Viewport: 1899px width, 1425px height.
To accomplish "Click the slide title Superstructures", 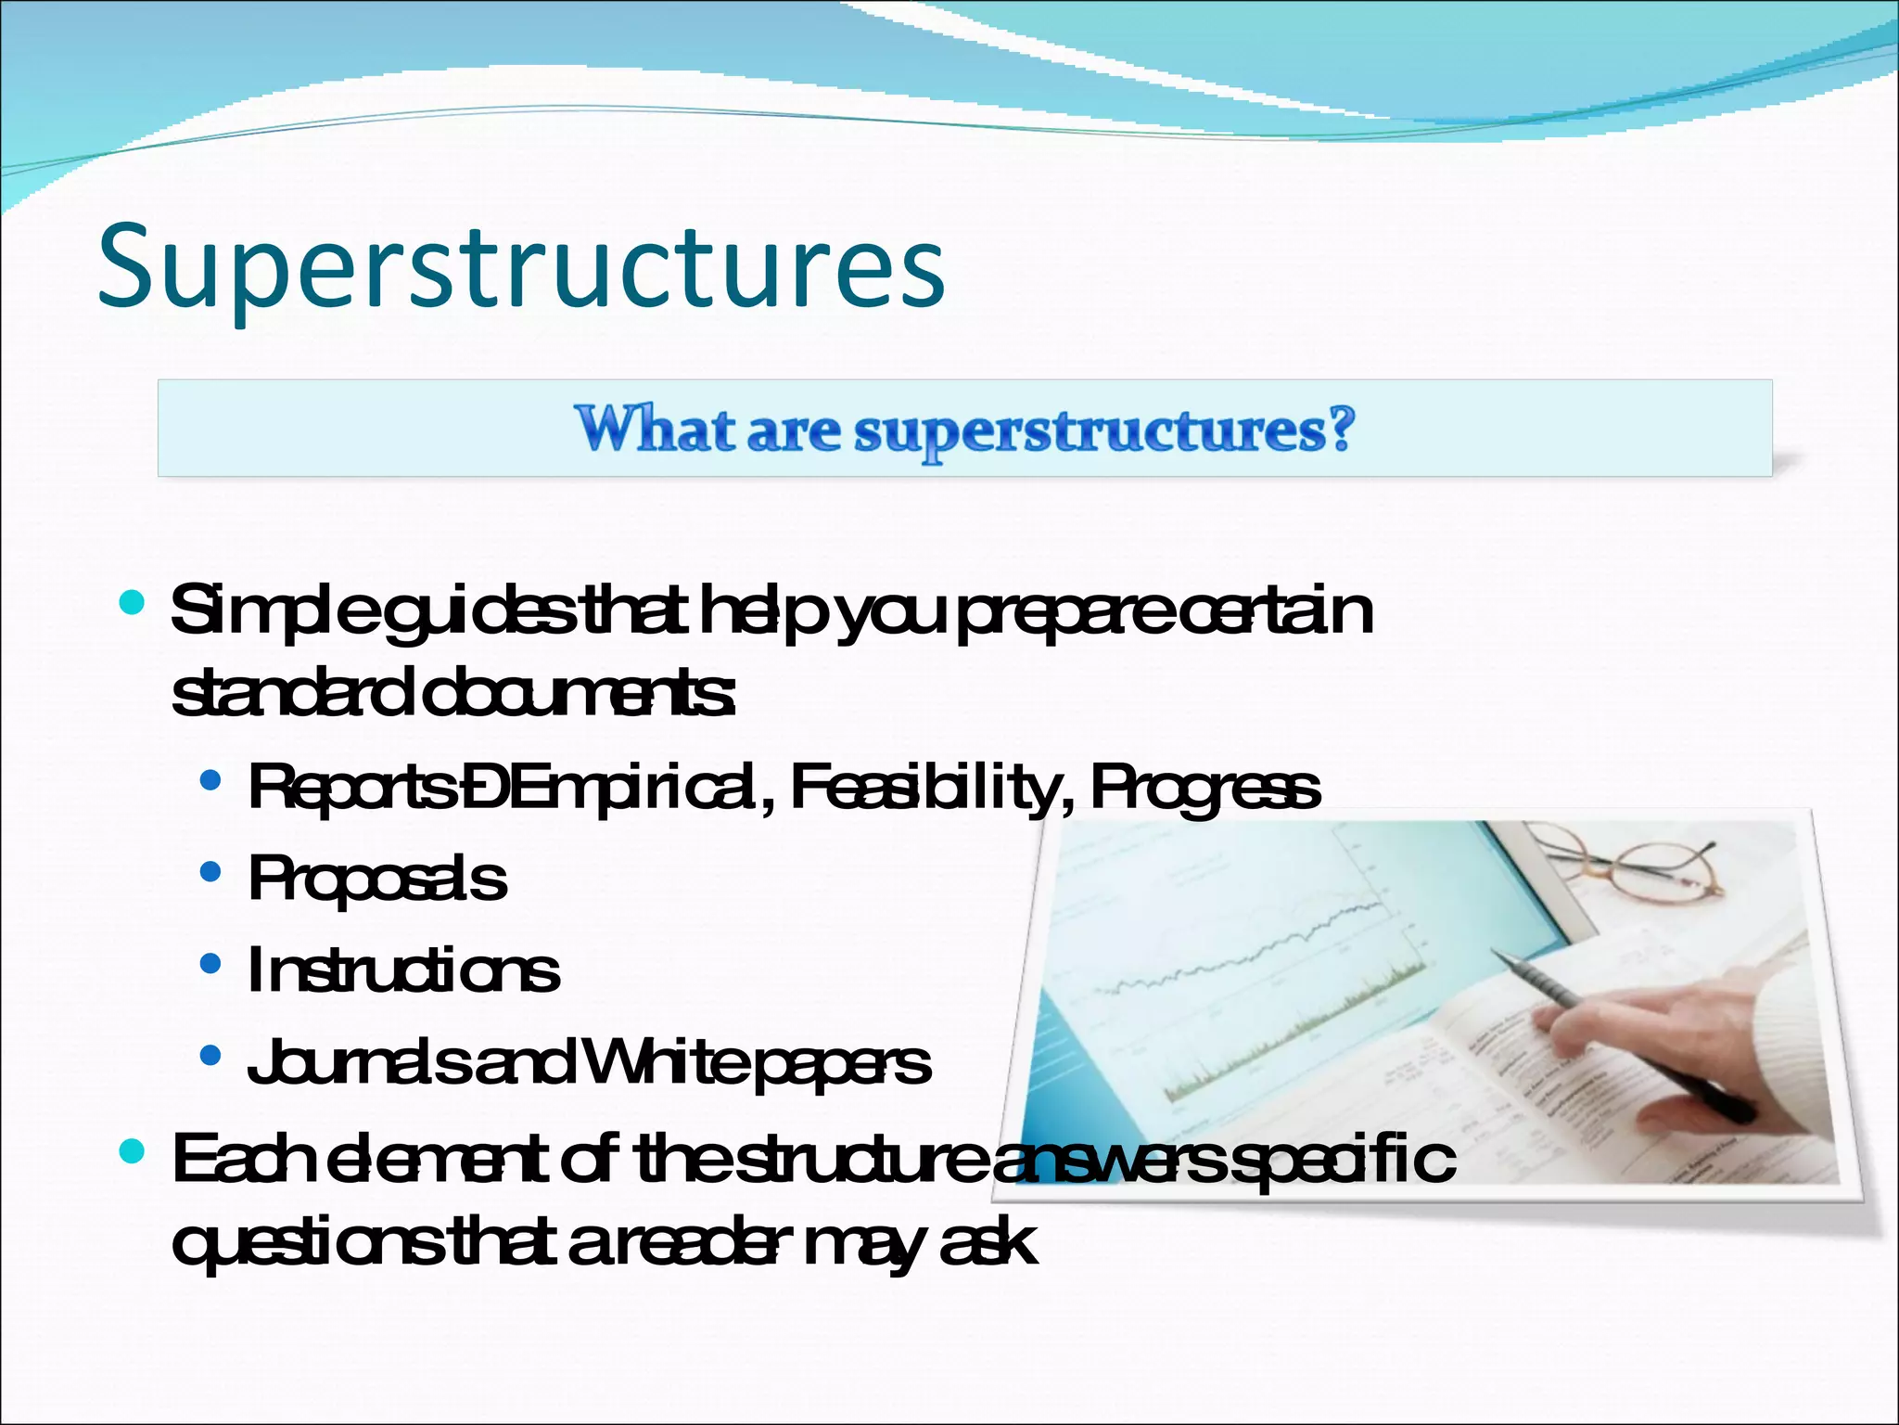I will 521,267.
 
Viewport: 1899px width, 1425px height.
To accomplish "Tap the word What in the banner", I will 655,430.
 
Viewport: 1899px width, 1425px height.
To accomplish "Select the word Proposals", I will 377,879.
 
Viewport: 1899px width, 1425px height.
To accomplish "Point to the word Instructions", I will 403,970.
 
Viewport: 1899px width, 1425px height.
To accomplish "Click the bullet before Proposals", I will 210,872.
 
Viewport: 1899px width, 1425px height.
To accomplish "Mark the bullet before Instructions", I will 210,965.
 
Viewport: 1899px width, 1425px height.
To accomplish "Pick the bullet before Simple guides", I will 133,604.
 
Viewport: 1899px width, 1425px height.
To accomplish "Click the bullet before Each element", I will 133,1152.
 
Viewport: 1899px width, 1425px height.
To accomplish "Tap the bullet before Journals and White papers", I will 210,1056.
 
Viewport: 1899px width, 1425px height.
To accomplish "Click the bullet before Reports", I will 210,781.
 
